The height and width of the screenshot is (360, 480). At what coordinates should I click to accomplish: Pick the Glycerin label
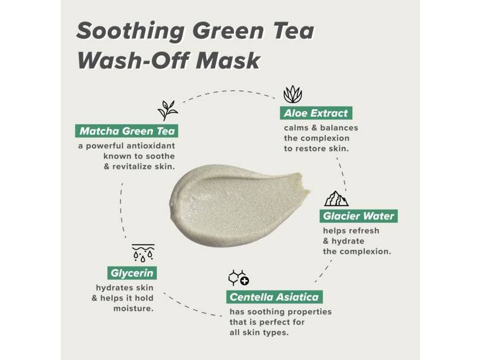coord(133,273)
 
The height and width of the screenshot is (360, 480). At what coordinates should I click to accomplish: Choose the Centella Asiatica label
coord(275,297)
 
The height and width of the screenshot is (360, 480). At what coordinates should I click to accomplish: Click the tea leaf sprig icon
coord(167,110)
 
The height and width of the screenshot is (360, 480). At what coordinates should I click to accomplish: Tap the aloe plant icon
coord(292,94)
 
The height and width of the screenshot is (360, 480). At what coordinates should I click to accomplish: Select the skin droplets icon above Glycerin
coord(143,253)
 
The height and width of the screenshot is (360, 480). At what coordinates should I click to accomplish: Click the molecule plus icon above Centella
coord(238,278)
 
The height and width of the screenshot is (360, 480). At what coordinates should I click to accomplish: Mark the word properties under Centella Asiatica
coord(308,312)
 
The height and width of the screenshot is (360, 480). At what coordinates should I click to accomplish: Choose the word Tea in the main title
coord(292,31)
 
